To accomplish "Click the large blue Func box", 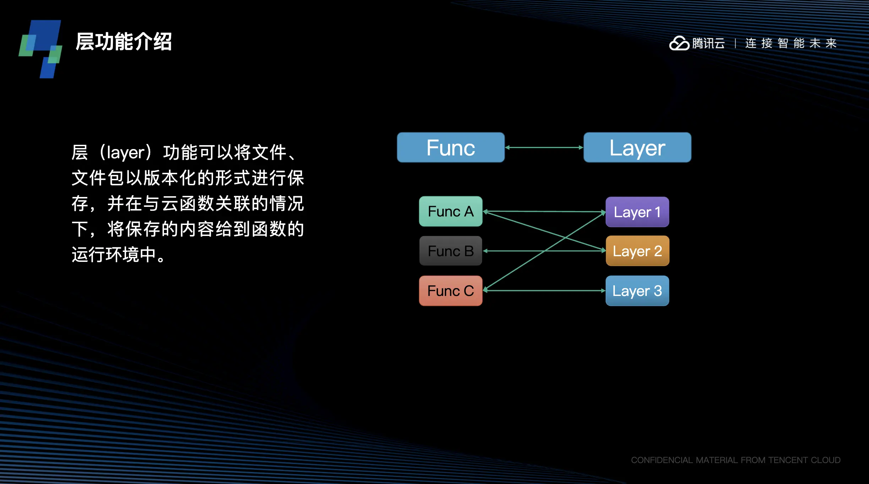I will [450, 148].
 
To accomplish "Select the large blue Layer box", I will [637, 148].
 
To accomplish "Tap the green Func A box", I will [450, 211].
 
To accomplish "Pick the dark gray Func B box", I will [450, 251].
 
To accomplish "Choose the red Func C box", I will [450, 291].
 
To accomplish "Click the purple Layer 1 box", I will [637, 212].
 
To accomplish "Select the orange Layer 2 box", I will [637, 251].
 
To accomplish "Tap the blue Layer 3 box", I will [637, 291].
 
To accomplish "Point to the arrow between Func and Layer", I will [544, 147].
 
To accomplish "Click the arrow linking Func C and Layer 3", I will [544, 291].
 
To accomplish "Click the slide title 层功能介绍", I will [124, 42].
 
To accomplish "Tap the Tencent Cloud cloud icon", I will [679, 44].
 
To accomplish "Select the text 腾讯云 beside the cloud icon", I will [709, 44].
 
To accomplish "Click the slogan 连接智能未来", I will [791, 44].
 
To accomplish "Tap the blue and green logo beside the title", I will [41, 49].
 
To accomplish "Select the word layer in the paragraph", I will [126, 153].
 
